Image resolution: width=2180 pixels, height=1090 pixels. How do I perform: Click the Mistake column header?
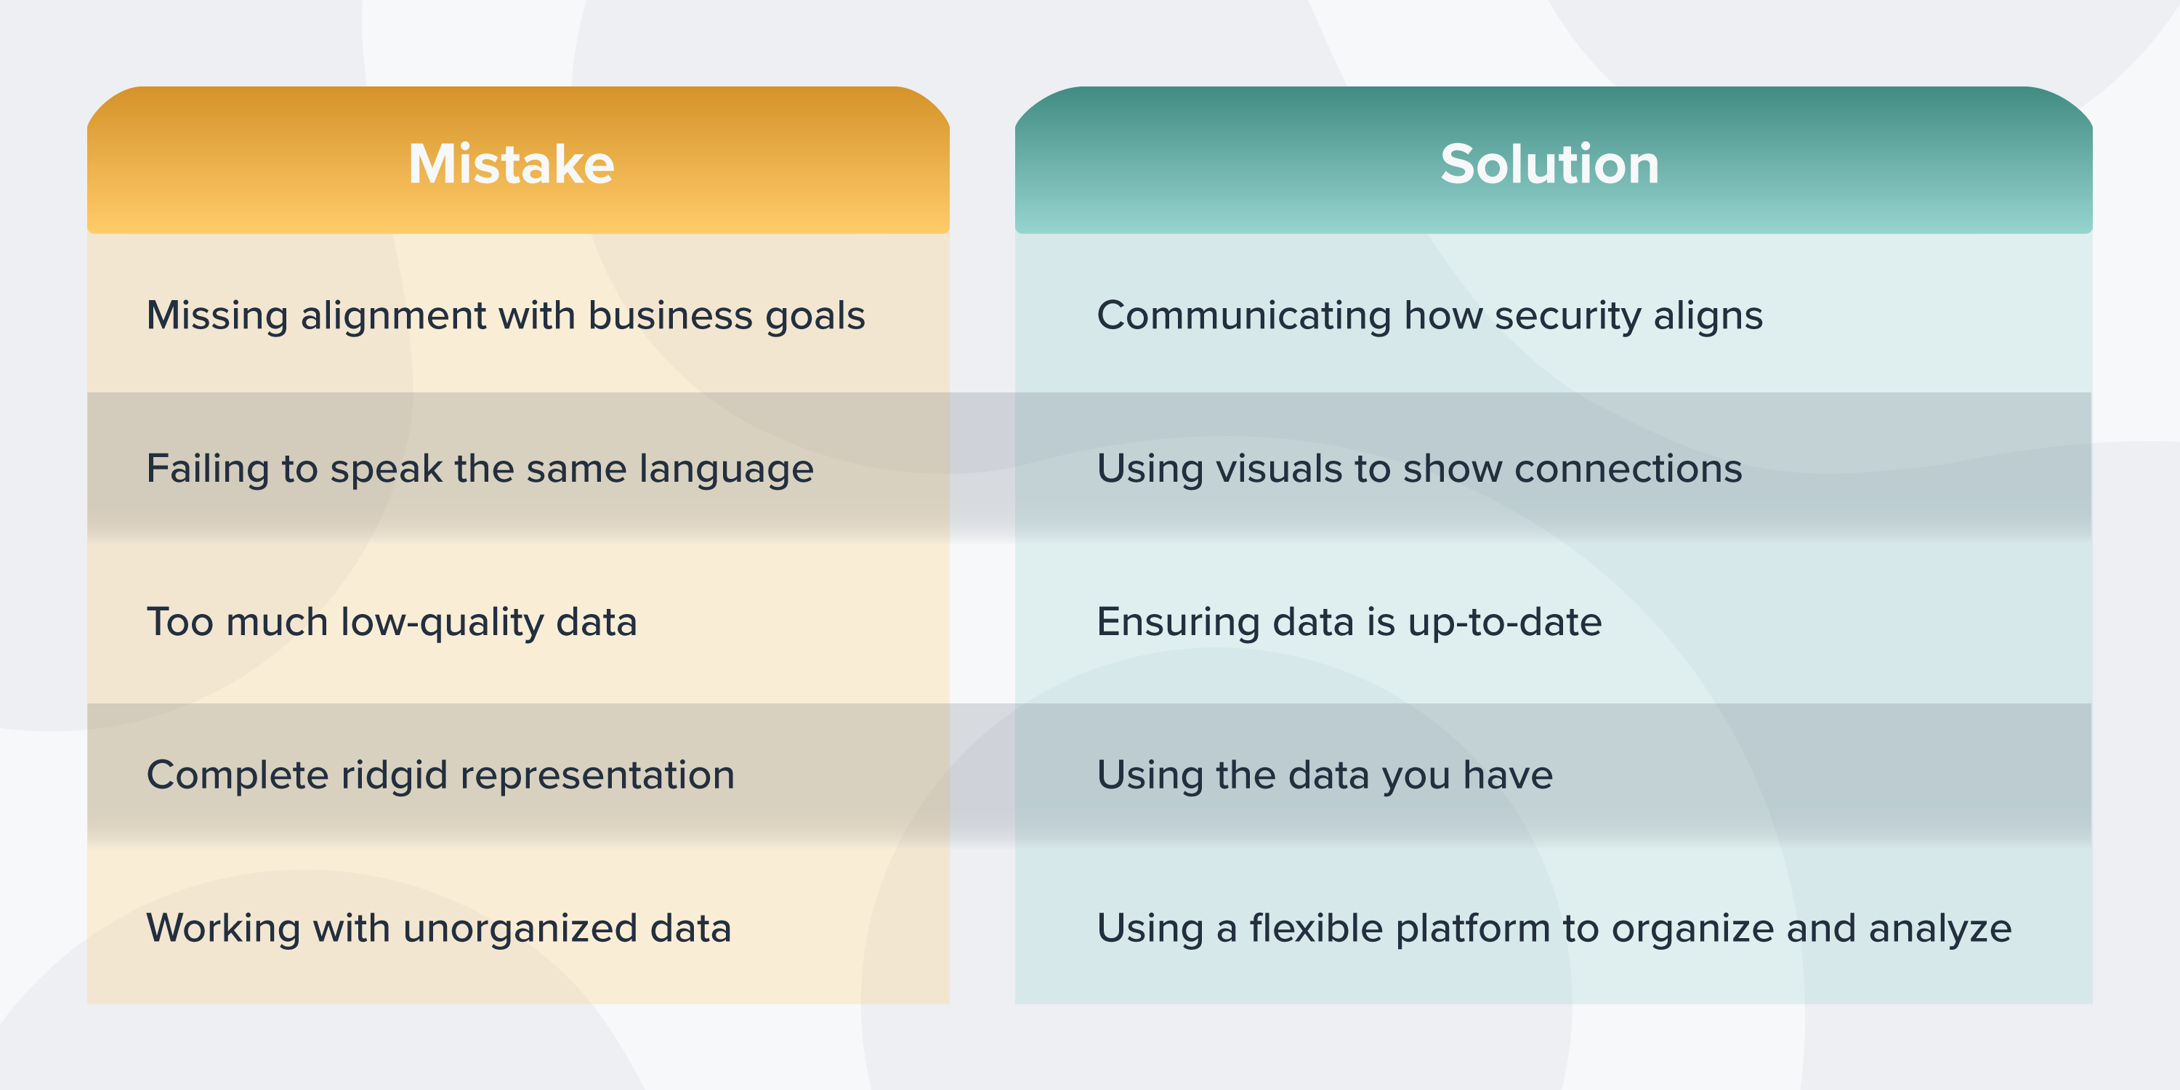(x=511, y=163)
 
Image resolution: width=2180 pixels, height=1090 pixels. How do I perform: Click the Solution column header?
(x=1549, y=163)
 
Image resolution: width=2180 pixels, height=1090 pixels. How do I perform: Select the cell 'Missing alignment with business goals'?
(x=505, y=315)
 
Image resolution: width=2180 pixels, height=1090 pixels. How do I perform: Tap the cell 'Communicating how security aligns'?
(x=1429, y=315)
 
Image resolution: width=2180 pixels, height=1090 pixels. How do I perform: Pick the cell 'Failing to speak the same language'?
(x=480, y=469)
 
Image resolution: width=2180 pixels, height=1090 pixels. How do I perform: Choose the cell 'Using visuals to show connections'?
(x=1419, y=469)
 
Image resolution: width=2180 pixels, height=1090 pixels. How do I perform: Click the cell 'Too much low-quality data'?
(x=391, y=622)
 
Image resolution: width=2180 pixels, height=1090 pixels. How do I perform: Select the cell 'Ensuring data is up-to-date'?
(x=1349, y=622)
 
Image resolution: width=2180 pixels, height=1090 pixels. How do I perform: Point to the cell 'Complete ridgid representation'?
(x=440, y=775)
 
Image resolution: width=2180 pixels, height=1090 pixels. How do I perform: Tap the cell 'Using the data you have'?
(x=1325, y=775)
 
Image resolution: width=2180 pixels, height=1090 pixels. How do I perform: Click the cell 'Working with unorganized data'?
(x=438, y=929)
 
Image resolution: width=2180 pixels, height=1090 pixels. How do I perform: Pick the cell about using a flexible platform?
(x=1554, y=929)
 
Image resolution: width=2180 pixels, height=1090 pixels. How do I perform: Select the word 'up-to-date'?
(x=1505, y=622)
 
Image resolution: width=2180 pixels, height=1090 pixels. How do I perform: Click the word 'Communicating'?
(x=1243, y=315)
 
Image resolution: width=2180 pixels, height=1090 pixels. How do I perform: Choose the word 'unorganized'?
(x=520, y=929)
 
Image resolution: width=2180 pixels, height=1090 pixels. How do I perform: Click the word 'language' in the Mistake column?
(x=726, y=469)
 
